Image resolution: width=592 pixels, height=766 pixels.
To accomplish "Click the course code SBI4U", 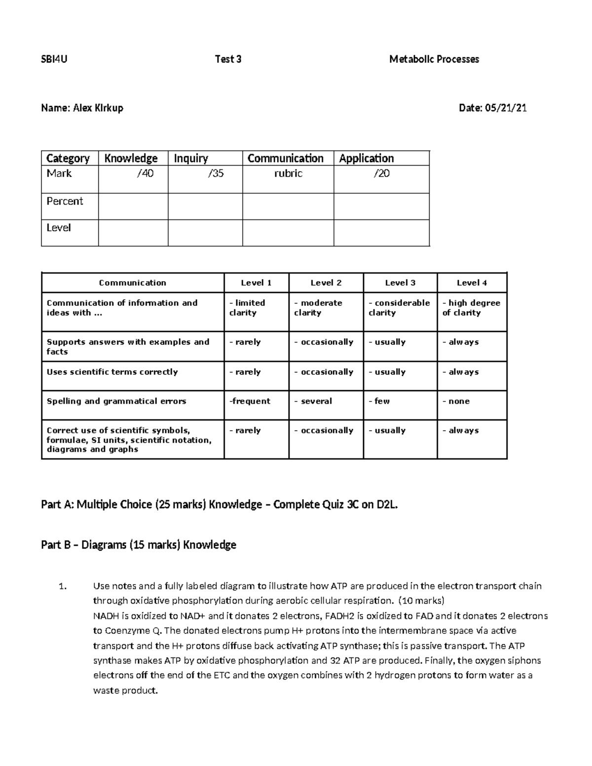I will click(54, 60).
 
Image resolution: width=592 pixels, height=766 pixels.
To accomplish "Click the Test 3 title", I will click(228, 60).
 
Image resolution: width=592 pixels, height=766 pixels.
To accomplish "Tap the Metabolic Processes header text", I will click(434, 60).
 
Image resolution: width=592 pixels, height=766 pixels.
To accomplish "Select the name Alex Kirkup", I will click(98, 108).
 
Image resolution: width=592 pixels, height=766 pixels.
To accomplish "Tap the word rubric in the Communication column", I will click(288, 174).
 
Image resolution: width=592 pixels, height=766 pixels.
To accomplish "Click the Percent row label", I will click(65, 201).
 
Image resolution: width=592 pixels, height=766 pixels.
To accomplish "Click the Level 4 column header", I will click(472, 283).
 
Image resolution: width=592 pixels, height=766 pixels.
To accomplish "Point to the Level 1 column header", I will click(256, 283).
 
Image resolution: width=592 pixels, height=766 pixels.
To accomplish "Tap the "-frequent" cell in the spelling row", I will click(250, 401).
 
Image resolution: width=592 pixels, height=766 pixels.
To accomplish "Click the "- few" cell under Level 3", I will click(379, 401).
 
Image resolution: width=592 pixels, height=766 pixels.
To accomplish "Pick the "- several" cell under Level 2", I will click(313, 401).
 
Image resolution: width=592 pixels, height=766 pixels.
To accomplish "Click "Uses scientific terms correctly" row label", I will click(112, 372).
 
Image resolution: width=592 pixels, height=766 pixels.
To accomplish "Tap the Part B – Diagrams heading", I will click(139, 545).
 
